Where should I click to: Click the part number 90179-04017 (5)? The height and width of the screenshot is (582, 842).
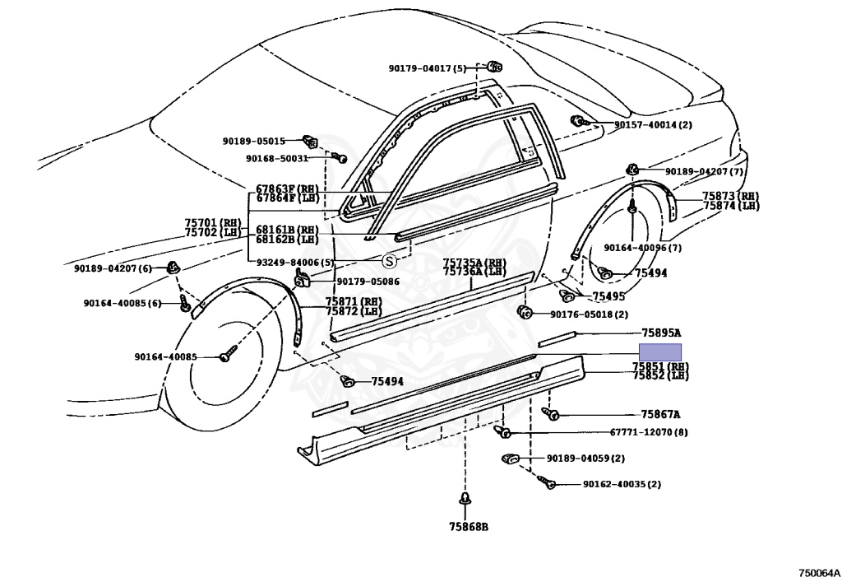click(428, 68)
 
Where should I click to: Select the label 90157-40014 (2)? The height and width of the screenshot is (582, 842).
click(653, 124)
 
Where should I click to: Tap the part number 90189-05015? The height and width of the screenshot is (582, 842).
click(254, 141)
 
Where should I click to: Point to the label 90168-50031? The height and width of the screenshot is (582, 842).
click(277, 159)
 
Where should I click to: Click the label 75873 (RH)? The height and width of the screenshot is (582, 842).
click(731, 196)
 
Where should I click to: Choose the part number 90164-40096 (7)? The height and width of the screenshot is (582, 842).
click(643, 248)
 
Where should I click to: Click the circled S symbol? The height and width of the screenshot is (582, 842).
click(389, 261)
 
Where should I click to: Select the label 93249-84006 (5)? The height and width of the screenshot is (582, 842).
click(295, 263)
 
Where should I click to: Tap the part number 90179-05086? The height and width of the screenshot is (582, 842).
click(368, 281)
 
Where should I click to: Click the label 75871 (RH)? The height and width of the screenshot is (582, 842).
click(354, 302)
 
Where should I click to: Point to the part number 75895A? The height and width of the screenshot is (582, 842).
click(661, 333)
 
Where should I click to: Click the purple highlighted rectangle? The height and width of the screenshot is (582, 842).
click(660, 352)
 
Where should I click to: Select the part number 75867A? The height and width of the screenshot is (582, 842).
click(660, 414)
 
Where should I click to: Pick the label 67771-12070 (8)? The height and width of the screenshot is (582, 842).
click(649, 432)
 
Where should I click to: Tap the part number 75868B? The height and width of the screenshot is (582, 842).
click(469, 527)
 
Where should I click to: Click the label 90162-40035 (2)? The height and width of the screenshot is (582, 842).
click(622, 484)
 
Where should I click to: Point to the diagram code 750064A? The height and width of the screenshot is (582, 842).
click(818, 573)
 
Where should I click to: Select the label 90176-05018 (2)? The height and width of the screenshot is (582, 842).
click(589, 314)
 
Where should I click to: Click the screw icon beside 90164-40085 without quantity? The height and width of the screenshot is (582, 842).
click(226, 356)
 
